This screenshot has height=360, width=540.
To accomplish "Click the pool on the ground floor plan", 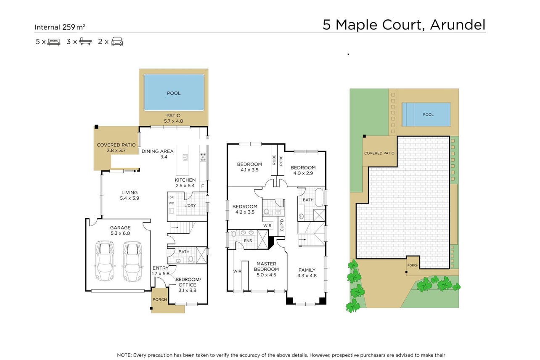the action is [174, 93].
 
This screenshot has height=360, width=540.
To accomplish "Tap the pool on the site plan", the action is [426, 114].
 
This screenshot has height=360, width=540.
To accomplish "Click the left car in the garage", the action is [105, 261].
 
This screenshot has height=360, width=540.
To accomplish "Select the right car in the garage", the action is [132, 261].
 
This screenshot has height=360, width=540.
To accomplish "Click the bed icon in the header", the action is [54, 42].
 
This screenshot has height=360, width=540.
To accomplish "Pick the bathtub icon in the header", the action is [85, 42].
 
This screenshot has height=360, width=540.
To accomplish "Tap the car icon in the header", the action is [117, 42].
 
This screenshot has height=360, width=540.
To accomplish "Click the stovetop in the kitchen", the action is [203, 157].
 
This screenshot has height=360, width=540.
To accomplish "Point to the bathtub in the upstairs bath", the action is [319, 198].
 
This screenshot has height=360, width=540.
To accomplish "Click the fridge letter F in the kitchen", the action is [203, 186].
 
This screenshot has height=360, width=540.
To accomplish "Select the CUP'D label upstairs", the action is [282, 225].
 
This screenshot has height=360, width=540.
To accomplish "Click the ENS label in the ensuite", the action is [248, 241].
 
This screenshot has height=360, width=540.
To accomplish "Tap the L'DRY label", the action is [190, 206].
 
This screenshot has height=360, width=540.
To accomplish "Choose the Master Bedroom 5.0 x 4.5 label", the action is [266, 269].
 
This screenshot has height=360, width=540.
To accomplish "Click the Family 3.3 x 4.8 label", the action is [307, 273].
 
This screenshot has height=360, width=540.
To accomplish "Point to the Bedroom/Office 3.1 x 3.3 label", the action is [188, 285].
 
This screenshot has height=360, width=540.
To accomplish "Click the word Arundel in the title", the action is [458, 24].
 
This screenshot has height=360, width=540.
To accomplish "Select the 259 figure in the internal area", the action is [69, 27].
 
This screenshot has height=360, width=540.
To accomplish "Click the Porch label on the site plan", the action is [413, 265].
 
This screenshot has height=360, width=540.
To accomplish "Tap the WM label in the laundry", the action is [172, 203].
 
